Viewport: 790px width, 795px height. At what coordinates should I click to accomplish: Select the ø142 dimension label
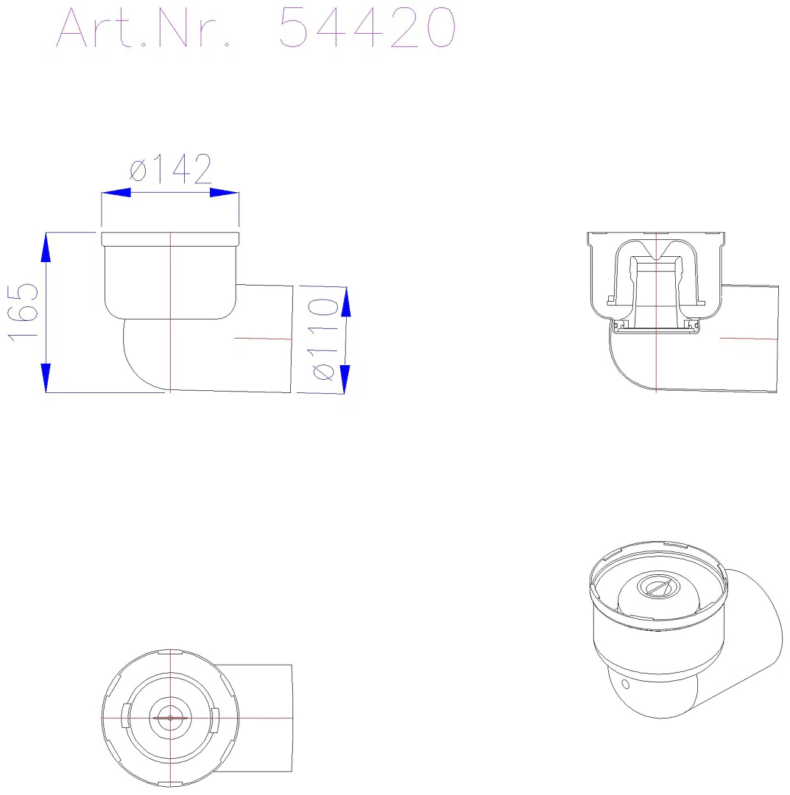(170, 169)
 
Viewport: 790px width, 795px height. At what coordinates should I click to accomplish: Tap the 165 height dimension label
(24, 312)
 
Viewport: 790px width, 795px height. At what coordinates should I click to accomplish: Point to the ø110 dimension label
(322, 339)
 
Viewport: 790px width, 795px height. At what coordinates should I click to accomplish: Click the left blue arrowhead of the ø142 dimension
(116, 193)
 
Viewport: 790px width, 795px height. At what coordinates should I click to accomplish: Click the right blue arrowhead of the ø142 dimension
(224, 193)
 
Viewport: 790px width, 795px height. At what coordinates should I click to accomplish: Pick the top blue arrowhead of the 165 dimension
(46, 247)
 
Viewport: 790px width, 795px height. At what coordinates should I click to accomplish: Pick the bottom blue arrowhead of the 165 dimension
(46, 378)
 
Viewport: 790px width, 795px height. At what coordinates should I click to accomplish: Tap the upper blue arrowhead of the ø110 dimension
(346, 303)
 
